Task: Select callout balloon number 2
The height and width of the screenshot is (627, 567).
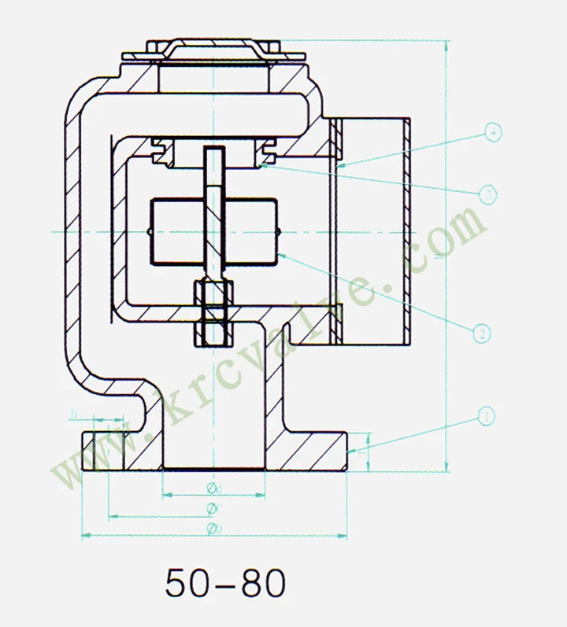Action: (x=482, y=334)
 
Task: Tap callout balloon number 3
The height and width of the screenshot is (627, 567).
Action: (x=487, y=194)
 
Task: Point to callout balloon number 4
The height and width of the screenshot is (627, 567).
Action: (x=491, y=132)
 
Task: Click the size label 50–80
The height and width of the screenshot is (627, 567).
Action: (x=225, y=583)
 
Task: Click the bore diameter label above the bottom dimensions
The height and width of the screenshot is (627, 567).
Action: (x=213, y=489)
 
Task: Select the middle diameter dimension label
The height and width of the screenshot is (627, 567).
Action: (x=213, y=508)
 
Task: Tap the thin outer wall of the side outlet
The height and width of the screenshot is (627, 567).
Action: (x=406, y=228)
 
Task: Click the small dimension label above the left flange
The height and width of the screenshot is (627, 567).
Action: (x=75, y=412)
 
